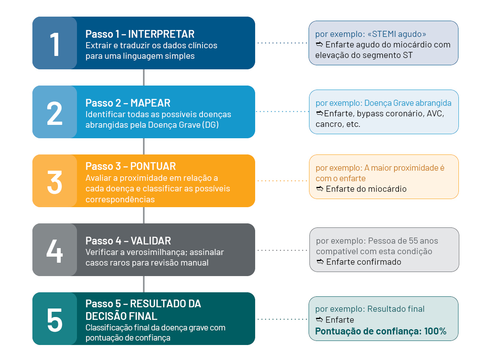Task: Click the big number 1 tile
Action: point(55,43)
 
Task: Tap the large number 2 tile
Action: point(55,112)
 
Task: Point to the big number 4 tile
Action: point(55,250)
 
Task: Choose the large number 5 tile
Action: point(55,319)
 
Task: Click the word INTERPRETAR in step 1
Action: point(161,34)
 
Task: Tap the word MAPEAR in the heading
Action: point(150,103)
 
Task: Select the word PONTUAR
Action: point(153,166)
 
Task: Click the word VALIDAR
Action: point(151,241)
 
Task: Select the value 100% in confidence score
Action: point(435,331)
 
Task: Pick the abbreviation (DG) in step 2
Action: point(210,125)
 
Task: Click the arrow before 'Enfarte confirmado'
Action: point(320,262)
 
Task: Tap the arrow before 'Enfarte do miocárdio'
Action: point(320,189)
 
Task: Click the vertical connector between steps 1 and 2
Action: point(144,77)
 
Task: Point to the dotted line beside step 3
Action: point(282,181)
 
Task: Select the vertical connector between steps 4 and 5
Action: point(144,284)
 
